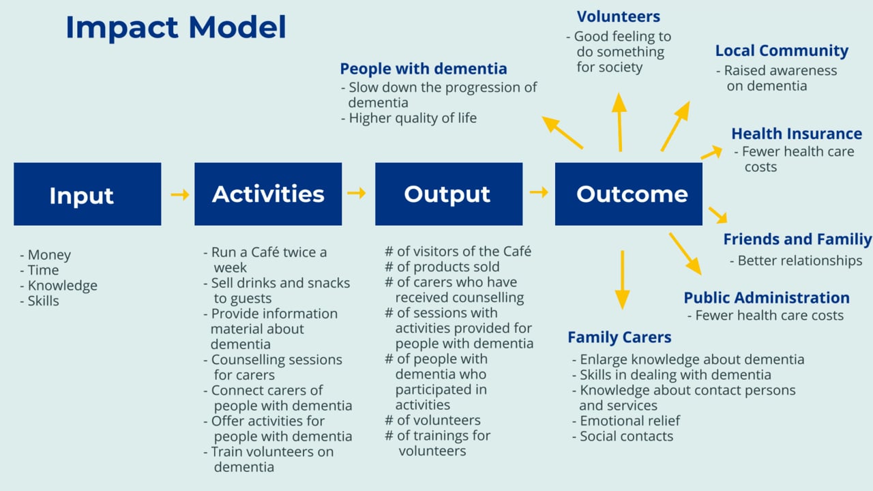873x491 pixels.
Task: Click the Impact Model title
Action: (x=176, y=27)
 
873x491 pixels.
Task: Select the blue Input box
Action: (x=87, y=194)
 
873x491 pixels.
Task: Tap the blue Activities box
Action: (x=268, y=194)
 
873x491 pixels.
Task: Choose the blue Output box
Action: (x=449, y=194)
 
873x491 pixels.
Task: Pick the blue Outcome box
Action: (x=629, y=194)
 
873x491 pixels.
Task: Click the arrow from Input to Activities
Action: (x=180, y=194)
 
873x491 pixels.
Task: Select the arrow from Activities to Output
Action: (x=356, y=193)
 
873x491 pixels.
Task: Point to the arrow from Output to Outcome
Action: (x=539, y=192)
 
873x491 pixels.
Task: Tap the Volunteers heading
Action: (x=619, y=17)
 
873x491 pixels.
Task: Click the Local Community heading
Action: (x=782, y=50)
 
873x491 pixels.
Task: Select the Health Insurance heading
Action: (x=797, y=134)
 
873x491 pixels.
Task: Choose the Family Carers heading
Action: (x=619, y=337)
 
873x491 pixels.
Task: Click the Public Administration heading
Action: (x=767, y=298)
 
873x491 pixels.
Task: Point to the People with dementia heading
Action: (x=424, y=69)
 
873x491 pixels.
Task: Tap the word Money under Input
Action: (x=49, y=255)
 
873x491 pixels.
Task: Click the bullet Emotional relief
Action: (x=630, y=421)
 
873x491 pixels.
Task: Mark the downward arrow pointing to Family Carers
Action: (x=623, y=280)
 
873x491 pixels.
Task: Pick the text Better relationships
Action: (x=800, y=261)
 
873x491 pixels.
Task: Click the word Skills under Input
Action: (x=43, y=301)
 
